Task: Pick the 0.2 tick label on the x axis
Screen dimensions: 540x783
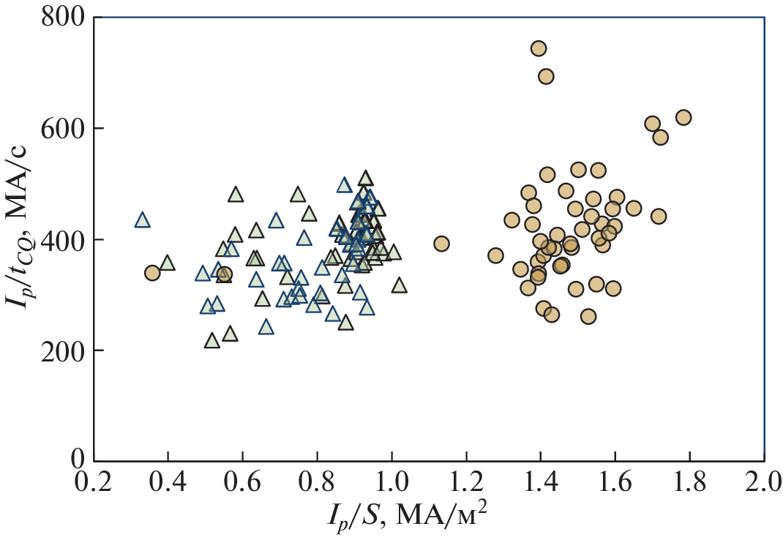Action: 93,484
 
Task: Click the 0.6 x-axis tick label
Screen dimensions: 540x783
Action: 242,484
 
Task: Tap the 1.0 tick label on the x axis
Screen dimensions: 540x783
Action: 391,484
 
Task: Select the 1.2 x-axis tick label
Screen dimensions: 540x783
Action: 466,484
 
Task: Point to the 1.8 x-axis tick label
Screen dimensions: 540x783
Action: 689,484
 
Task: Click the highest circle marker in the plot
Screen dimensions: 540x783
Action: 539,48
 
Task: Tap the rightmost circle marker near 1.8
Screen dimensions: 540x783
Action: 683,118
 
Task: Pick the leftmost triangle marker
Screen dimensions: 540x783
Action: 142,220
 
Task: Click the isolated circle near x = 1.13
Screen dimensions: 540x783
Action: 441,244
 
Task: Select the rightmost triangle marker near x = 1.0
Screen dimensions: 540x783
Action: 399,285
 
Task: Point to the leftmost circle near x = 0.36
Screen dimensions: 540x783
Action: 152,273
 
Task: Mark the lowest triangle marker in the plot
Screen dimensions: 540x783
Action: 212,341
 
